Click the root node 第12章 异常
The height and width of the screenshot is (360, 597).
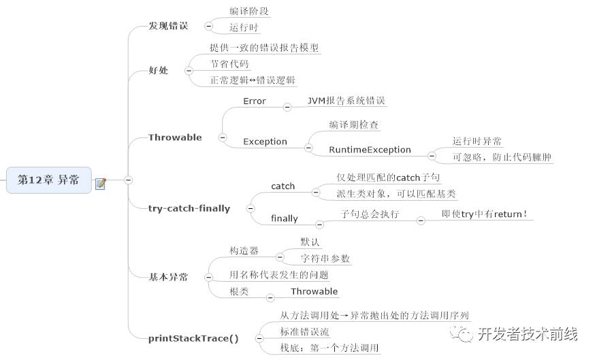(48, 180)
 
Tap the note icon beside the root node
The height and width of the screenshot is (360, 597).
(101, 183)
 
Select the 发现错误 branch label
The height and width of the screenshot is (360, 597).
(168, 26)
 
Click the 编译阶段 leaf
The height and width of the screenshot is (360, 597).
(235, 12)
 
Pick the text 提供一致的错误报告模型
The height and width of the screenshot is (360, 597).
(264, 48)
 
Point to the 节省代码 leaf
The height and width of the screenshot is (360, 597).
(229, 64)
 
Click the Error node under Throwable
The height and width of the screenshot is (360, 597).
(255, 101)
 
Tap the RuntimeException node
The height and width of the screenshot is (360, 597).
(370, 150)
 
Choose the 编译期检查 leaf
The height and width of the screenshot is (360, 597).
(354, 125)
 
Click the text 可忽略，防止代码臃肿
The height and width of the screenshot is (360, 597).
(502, 157)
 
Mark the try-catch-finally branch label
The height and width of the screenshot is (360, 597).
(189, 208)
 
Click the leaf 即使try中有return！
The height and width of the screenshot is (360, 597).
(485, 214)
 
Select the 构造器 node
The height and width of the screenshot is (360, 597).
(244, 250)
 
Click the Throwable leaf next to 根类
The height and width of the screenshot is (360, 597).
(314, 291)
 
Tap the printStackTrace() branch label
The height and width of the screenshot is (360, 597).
(193, 338)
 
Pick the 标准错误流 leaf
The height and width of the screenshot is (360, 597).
(304, 331)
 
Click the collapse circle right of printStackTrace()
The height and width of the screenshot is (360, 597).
(259, 338)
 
